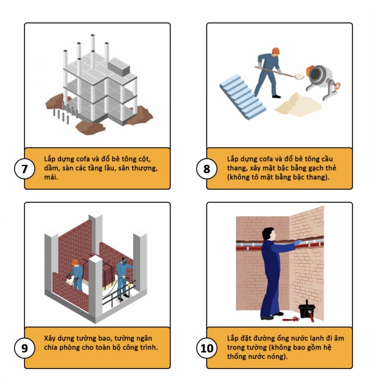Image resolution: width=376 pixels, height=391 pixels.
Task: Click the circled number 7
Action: (x=25, y=169)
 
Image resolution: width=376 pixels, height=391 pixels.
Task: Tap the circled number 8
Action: (x=207, y=169)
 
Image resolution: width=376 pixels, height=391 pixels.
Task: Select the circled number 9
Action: (x=25, y=348)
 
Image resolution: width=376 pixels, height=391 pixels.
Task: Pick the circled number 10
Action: (x=207, y=348)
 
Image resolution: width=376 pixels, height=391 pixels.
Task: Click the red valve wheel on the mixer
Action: (x=337, y=86)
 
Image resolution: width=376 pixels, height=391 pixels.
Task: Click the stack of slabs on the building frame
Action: (x=119, y=67)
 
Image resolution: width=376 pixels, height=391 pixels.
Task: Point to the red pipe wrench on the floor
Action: (x=291, y=319)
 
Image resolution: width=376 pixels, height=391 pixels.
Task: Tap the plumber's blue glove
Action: (x=298, y=242)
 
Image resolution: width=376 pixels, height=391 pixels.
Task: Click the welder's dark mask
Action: (x=124, y=261)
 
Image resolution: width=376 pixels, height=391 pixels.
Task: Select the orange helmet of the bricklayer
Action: (x=75, y=262)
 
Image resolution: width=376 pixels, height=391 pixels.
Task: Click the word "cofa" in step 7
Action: (x=82, y=159)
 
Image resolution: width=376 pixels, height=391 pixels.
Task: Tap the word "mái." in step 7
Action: (x=51, y=177)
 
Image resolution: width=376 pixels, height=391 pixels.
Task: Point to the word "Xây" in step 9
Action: (x=49, y=339)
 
